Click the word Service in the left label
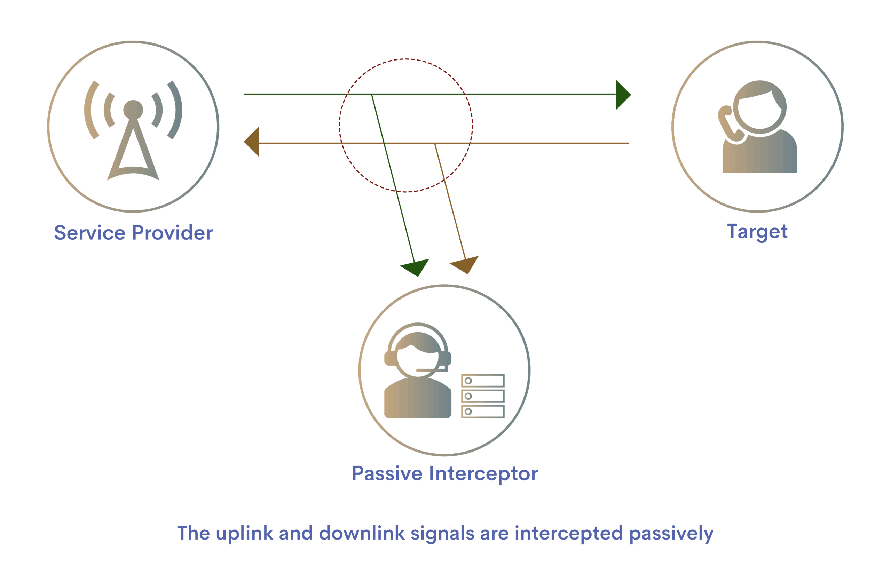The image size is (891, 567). click(90, 233)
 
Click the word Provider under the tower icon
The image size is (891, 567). click(172, 233)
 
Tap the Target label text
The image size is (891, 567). click(757, 232)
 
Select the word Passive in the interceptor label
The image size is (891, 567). click(387, 474)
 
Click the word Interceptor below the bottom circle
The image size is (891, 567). click(483, 474)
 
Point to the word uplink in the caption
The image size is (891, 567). click(244, 534)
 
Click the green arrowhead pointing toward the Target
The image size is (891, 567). click(622, 95)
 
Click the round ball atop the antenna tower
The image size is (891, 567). click(133, 110)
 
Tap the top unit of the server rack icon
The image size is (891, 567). click(482, 381)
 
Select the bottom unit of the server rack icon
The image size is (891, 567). click(482, 412)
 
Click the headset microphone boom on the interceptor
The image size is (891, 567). click(430, 370)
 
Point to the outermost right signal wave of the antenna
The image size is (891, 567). click(175, 110)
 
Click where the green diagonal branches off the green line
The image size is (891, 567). click(372, 95)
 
